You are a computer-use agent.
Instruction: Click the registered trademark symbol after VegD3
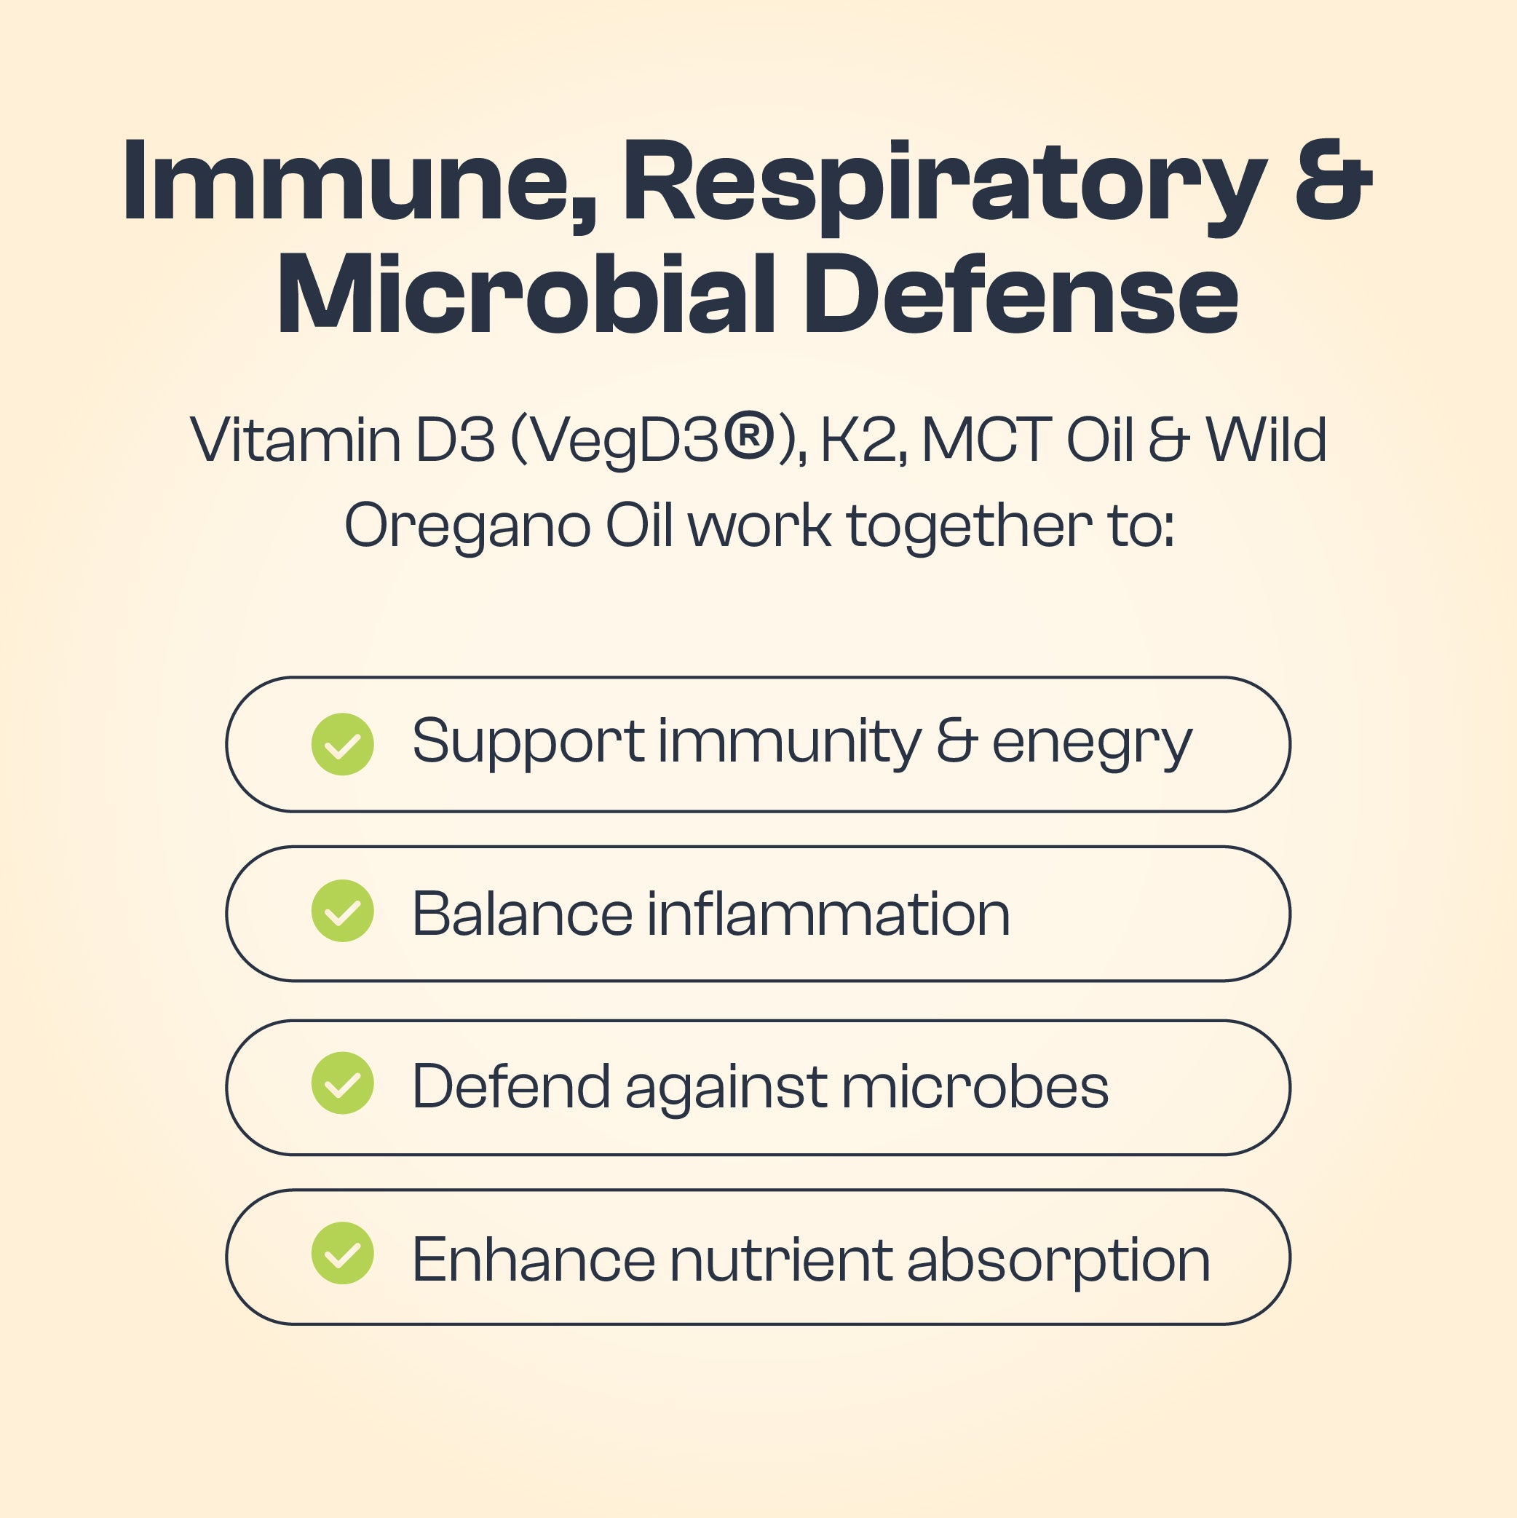pyautogui.click(x=749, y=437)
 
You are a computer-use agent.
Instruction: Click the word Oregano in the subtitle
pyautogui.click(x=467, y=526)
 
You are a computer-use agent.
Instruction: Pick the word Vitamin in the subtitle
pyautogui.click(x=296, y=440)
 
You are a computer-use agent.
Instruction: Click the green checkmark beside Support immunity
pyautogui.click(x=343, y=744)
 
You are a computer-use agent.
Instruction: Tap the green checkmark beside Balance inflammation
pyautogui.click(x=343, y=912)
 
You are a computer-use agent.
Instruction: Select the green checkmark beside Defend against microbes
pyautogui.click(x=343, y=1084)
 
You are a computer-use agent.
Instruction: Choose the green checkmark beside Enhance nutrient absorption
pyautogui.click(x=343, y=1254)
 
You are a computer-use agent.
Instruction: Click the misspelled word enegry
pyautogui.click(x=1092, y=743)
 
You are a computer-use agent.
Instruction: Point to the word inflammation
pyautogui.click(x=828, y=914)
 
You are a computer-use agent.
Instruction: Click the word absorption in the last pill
pyautogui.click(x=1058, y=1260)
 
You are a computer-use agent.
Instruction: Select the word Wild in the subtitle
pyautogui.click(x=1267, y=440)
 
